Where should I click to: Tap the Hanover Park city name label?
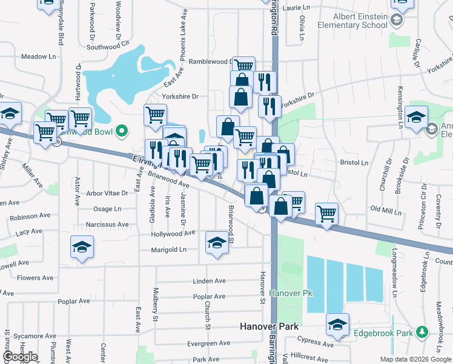(x=269, y=326)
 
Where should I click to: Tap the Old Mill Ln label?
(x=386, y=210)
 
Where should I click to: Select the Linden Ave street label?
(x=209, y=281)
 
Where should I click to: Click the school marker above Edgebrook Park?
(x=338, y=324)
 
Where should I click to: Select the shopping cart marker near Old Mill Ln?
(x=326, y=213)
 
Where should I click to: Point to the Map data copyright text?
(x=415, y=360)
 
